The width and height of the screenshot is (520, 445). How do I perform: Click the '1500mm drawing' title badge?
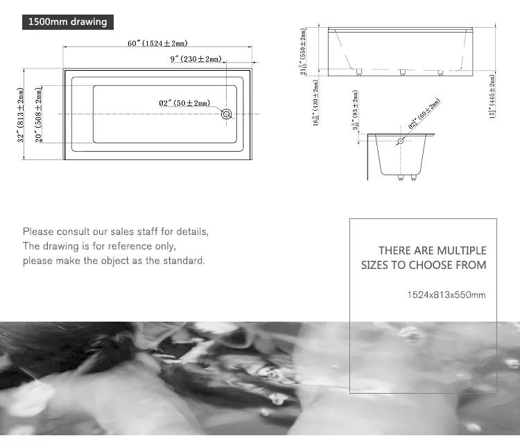(67, 21)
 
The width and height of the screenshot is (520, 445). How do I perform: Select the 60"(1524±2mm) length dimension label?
(157, 44)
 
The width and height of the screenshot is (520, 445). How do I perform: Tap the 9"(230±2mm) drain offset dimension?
(195, 59)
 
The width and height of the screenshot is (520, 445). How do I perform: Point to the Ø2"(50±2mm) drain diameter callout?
(184, 103)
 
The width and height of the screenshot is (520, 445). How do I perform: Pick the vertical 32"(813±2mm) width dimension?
(21, 114)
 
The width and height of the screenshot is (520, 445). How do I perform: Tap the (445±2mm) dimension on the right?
(492, 96)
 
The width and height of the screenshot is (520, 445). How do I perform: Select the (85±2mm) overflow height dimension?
(355, 110)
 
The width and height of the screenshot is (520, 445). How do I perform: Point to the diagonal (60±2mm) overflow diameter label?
(424, 114)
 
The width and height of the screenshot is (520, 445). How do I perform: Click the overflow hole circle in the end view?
(400, 141)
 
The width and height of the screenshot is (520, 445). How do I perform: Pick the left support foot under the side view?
(358, 72)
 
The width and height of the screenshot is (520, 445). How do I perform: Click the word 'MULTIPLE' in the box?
(460, 250)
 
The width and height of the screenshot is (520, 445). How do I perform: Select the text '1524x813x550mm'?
(447, 295)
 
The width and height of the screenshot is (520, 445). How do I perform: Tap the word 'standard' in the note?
(182, 261)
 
